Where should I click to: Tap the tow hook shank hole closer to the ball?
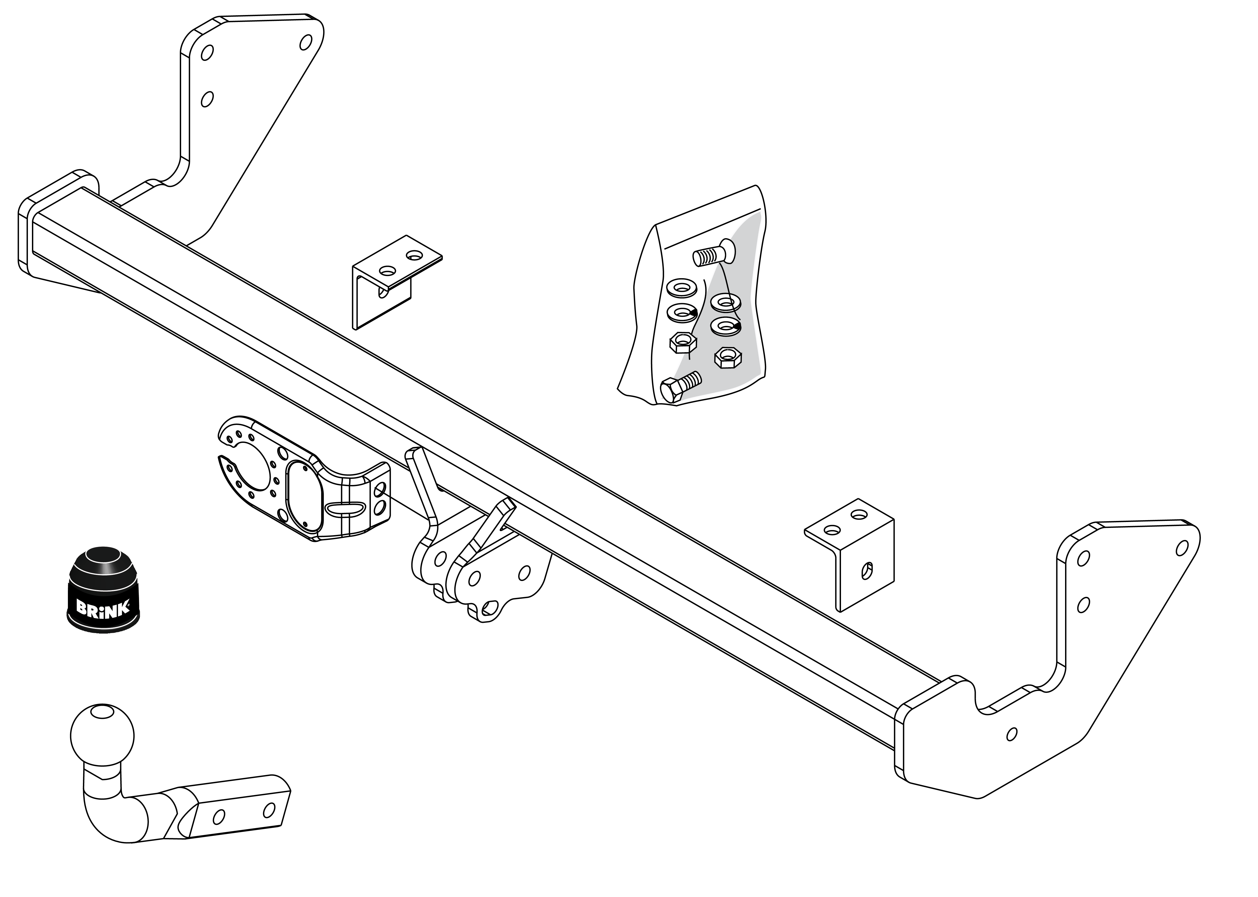[x=219, y=817]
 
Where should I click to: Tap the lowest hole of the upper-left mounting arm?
[x=207, y=100]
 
